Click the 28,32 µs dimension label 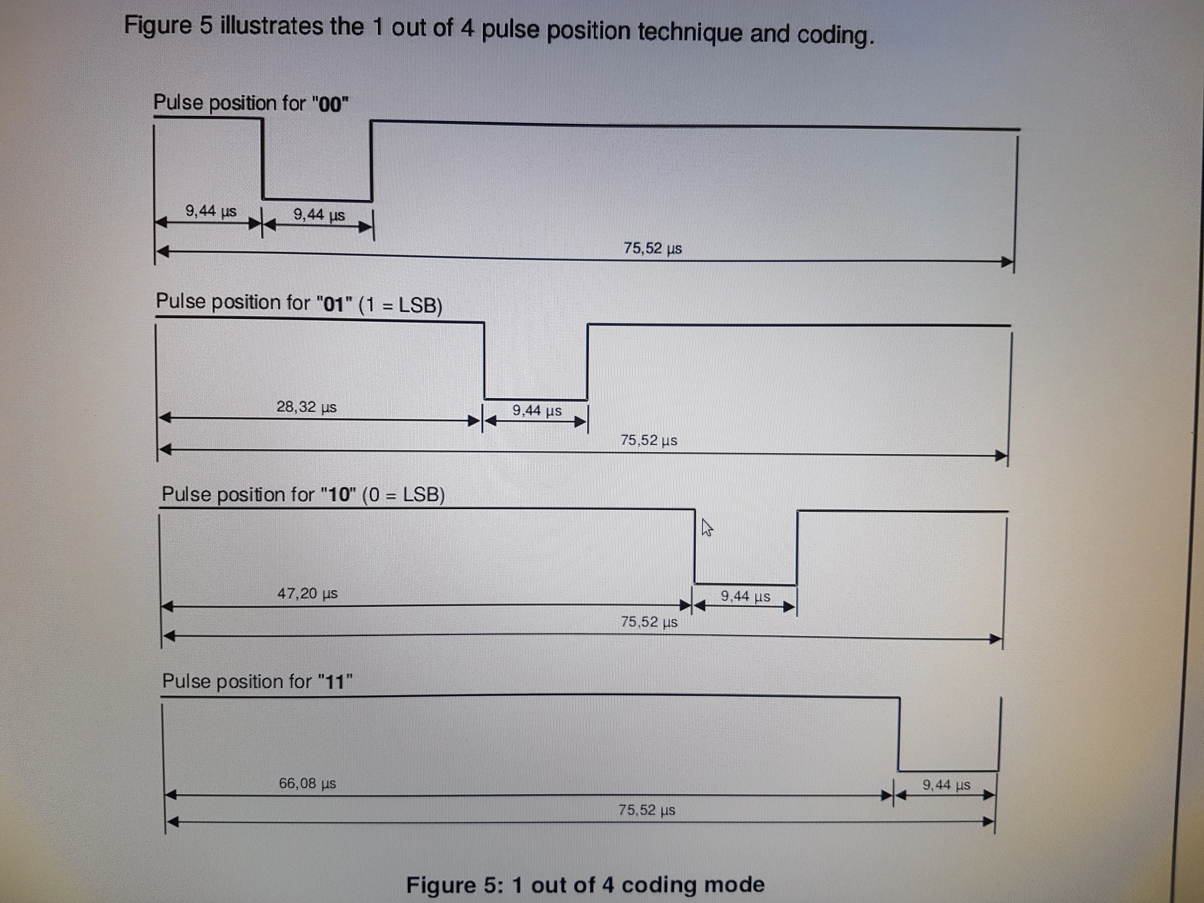306,407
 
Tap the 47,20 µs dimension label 308,593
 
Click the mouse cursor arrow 707,527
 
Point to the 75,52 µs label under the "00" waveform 653,248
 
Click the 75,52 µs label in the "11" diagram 646,810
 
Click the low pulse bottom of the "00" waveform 317,200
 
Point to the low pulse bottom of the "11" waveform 948,771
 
